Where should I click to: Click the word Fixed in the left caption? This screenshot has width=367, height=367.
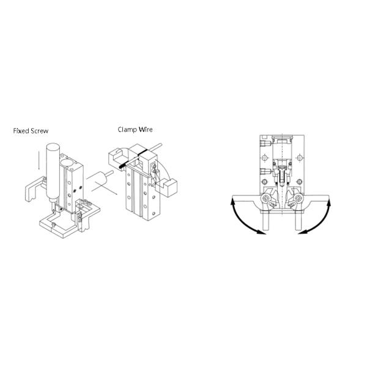20,131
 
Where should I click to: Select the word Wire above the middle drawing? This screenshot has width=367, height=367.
146,130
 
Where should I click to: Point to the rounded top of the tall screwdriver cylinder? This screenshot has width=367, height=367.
53,147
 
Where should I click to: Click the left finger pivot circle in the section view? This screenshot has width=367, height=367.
265,199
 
